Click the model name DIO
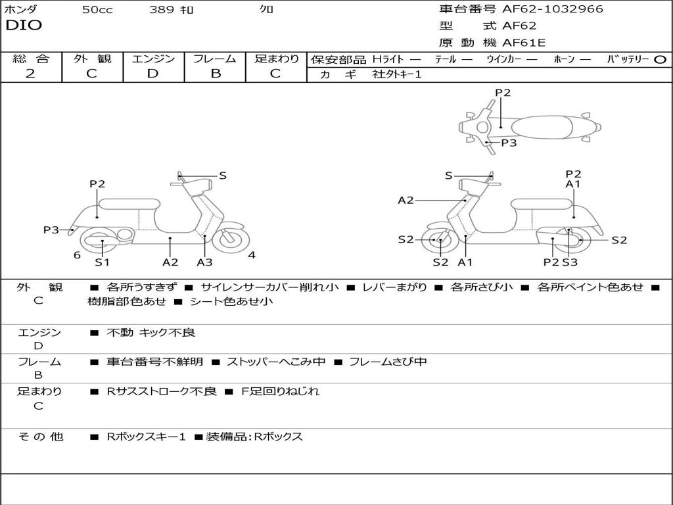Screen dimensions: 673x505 [x=24, y=26]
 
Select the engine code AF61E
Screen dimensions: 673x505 [x=524, y=43]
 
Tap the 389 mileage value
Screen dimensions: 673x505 [x=162, y=10]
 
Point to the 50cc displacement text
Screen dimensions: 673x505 [x=97, y=10]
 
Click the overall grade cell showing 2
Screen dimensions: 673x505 [x=30, y=74]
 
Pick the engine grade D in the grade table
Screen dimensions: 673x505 [x=152, y=74]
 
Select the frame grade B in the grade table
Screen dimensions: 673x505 [x=215, y=74]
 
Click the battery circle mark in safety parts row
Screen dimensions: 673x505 [x=660, y=59]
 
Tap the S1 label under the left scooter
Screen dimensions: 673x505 [x=102, y=262]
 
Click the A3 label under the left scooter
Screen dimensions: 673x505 [x=205, y=262]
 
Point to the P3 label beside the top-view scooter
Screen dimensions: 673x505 [x=509, y=143]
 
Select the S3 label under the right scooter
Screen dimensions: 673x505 [x=570, y=262]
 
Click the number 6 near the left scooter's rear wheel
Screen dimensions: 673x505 [x=77, y=255]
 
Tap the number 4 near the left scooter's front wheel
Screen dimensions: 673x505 [x=252, y=255]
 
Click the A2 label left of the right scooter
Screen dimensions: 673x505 [x=406, y=201]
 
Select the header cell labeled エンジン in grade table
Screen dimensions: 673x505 [x=153, y=59]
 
